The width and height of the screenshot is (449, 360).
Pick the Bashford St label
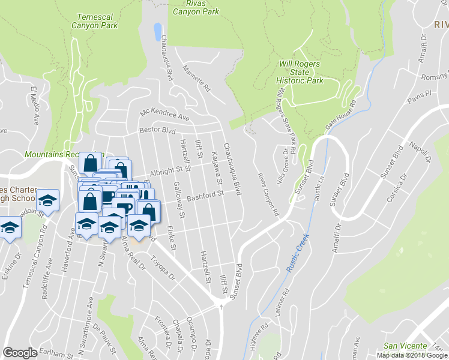click(205, 195)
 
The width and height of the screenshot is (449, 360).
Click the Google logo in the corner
click(20, 353)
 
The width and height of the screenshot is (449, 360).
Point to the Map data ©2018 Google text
click(412, 355)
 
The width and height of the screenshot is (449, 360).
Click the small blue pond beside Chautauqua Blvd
click(157, 31)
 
